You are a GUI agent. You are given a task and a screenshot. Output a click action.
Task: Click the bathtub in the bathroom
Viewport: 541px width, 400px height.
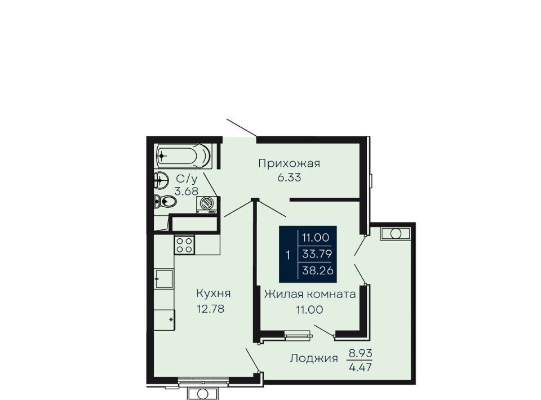coord(184,156)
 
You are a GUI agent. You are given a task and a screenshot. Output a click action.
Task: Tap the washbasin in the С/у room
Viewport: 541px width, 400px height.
coord(161,180)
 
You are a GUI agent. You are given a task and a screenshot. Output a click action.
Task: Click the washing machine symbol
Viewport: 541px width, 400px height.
coord(207,204)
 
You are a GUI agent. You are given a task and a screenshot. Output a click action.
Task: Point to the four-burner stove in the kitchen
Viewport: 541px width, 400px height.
coord(184,245)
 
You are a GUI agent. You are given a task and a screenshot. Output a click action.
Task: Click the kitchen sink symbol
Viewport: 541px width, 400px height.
coord(163,279)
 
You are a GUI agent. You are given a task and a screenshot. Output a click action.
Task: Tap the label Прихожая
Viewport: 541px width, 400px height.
coord(289,163)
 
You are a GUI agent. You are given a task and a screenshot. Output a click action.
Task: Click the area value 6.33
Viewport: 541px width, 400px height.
coord(289,177)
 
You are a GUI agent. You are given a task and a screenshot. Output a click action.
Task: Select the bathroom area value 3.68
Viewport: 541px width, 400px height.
coord(187,192)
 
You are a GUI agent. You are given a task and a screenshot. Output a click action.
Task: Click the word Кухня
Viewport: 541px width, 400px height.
coord(213,294)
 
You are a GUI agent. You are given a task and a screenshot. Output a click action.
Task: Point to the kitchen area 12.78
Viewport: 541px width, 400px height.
coord(210,309)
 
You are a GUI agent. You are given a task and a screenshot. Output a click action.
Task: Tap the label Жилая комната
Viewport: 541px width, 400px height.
coord(310,295)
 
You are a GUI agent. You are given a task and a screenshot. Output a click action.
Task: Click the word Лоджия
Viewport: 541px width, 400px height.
coord(314,359)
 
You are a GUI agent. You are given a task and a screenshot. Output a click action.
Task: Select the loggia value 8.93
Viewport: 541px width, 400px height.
coord(361,353)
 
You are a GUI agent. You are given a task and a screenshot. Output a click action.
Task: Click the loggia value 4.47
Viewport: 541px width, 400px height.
coord(361,367)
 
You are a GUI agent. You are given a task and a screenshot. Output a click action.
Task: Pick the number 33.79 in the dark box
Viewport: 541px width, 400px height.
coord(317,254)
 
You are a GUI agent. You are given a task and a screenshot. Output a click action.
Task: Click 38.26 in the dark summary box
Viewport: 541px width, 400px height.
coord(318,270)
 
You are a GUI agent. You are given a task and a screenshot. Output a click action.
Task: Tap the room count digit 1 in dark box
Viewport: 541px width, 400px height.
coord(288,256)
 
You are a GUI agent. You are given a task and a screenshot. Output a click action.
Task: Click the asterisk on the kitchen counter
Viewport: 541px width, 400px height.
coord(171,319)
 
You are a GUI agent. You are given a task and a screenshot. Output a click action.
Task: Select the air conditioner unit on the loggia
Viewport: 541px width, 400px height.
coord(396,233)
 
